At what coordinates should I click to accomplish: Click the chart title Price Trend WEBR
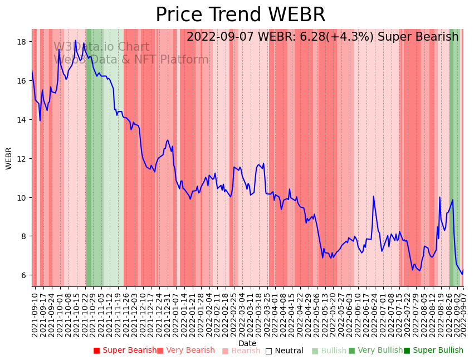(240, 15)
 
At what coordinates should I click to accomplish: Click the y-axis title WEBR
(9, 158)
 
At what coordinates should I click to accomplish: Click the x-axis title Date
(247, 343)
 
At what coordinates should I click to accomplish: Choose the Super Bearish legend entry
(125, 351)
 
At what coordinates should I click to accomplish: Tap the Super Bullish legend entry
(433, 351)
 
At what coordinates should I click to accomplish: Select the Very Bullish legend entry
(375, 351)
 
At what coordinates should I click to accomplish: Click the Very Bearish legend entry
(185, 351)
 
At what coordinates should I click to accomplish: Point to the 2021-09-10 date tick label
(35, 314)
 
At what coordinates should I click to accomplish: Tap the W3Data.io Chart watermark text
(101, 47)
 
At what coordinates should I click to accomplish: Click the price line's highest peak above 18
(75, 41)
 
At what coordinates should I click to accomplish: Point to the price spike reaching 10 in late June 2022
(373, 196)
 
